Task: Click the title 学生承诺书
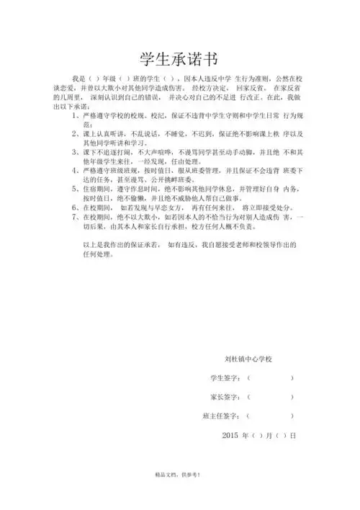click(180, 58)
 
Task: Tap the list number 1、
click(78, 115)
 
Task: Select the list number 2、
click(78, 134)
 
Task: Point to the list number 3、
click(78, 153)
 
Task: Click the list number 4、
click(78, 171)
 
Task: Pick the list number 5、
click(78, 190)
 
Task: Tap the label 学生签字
click(225, 377)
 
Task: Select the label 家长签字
click(225, 397)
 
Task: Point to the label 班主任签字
click(221, 416)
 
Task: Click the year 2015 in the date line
click(230, 436)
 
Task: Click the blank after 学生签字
click(270, 377)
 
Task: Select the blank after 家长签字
click(270, 397)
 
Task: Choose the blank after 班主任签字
click(270, 416)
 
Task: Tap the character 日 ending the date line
click(293, 436)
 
